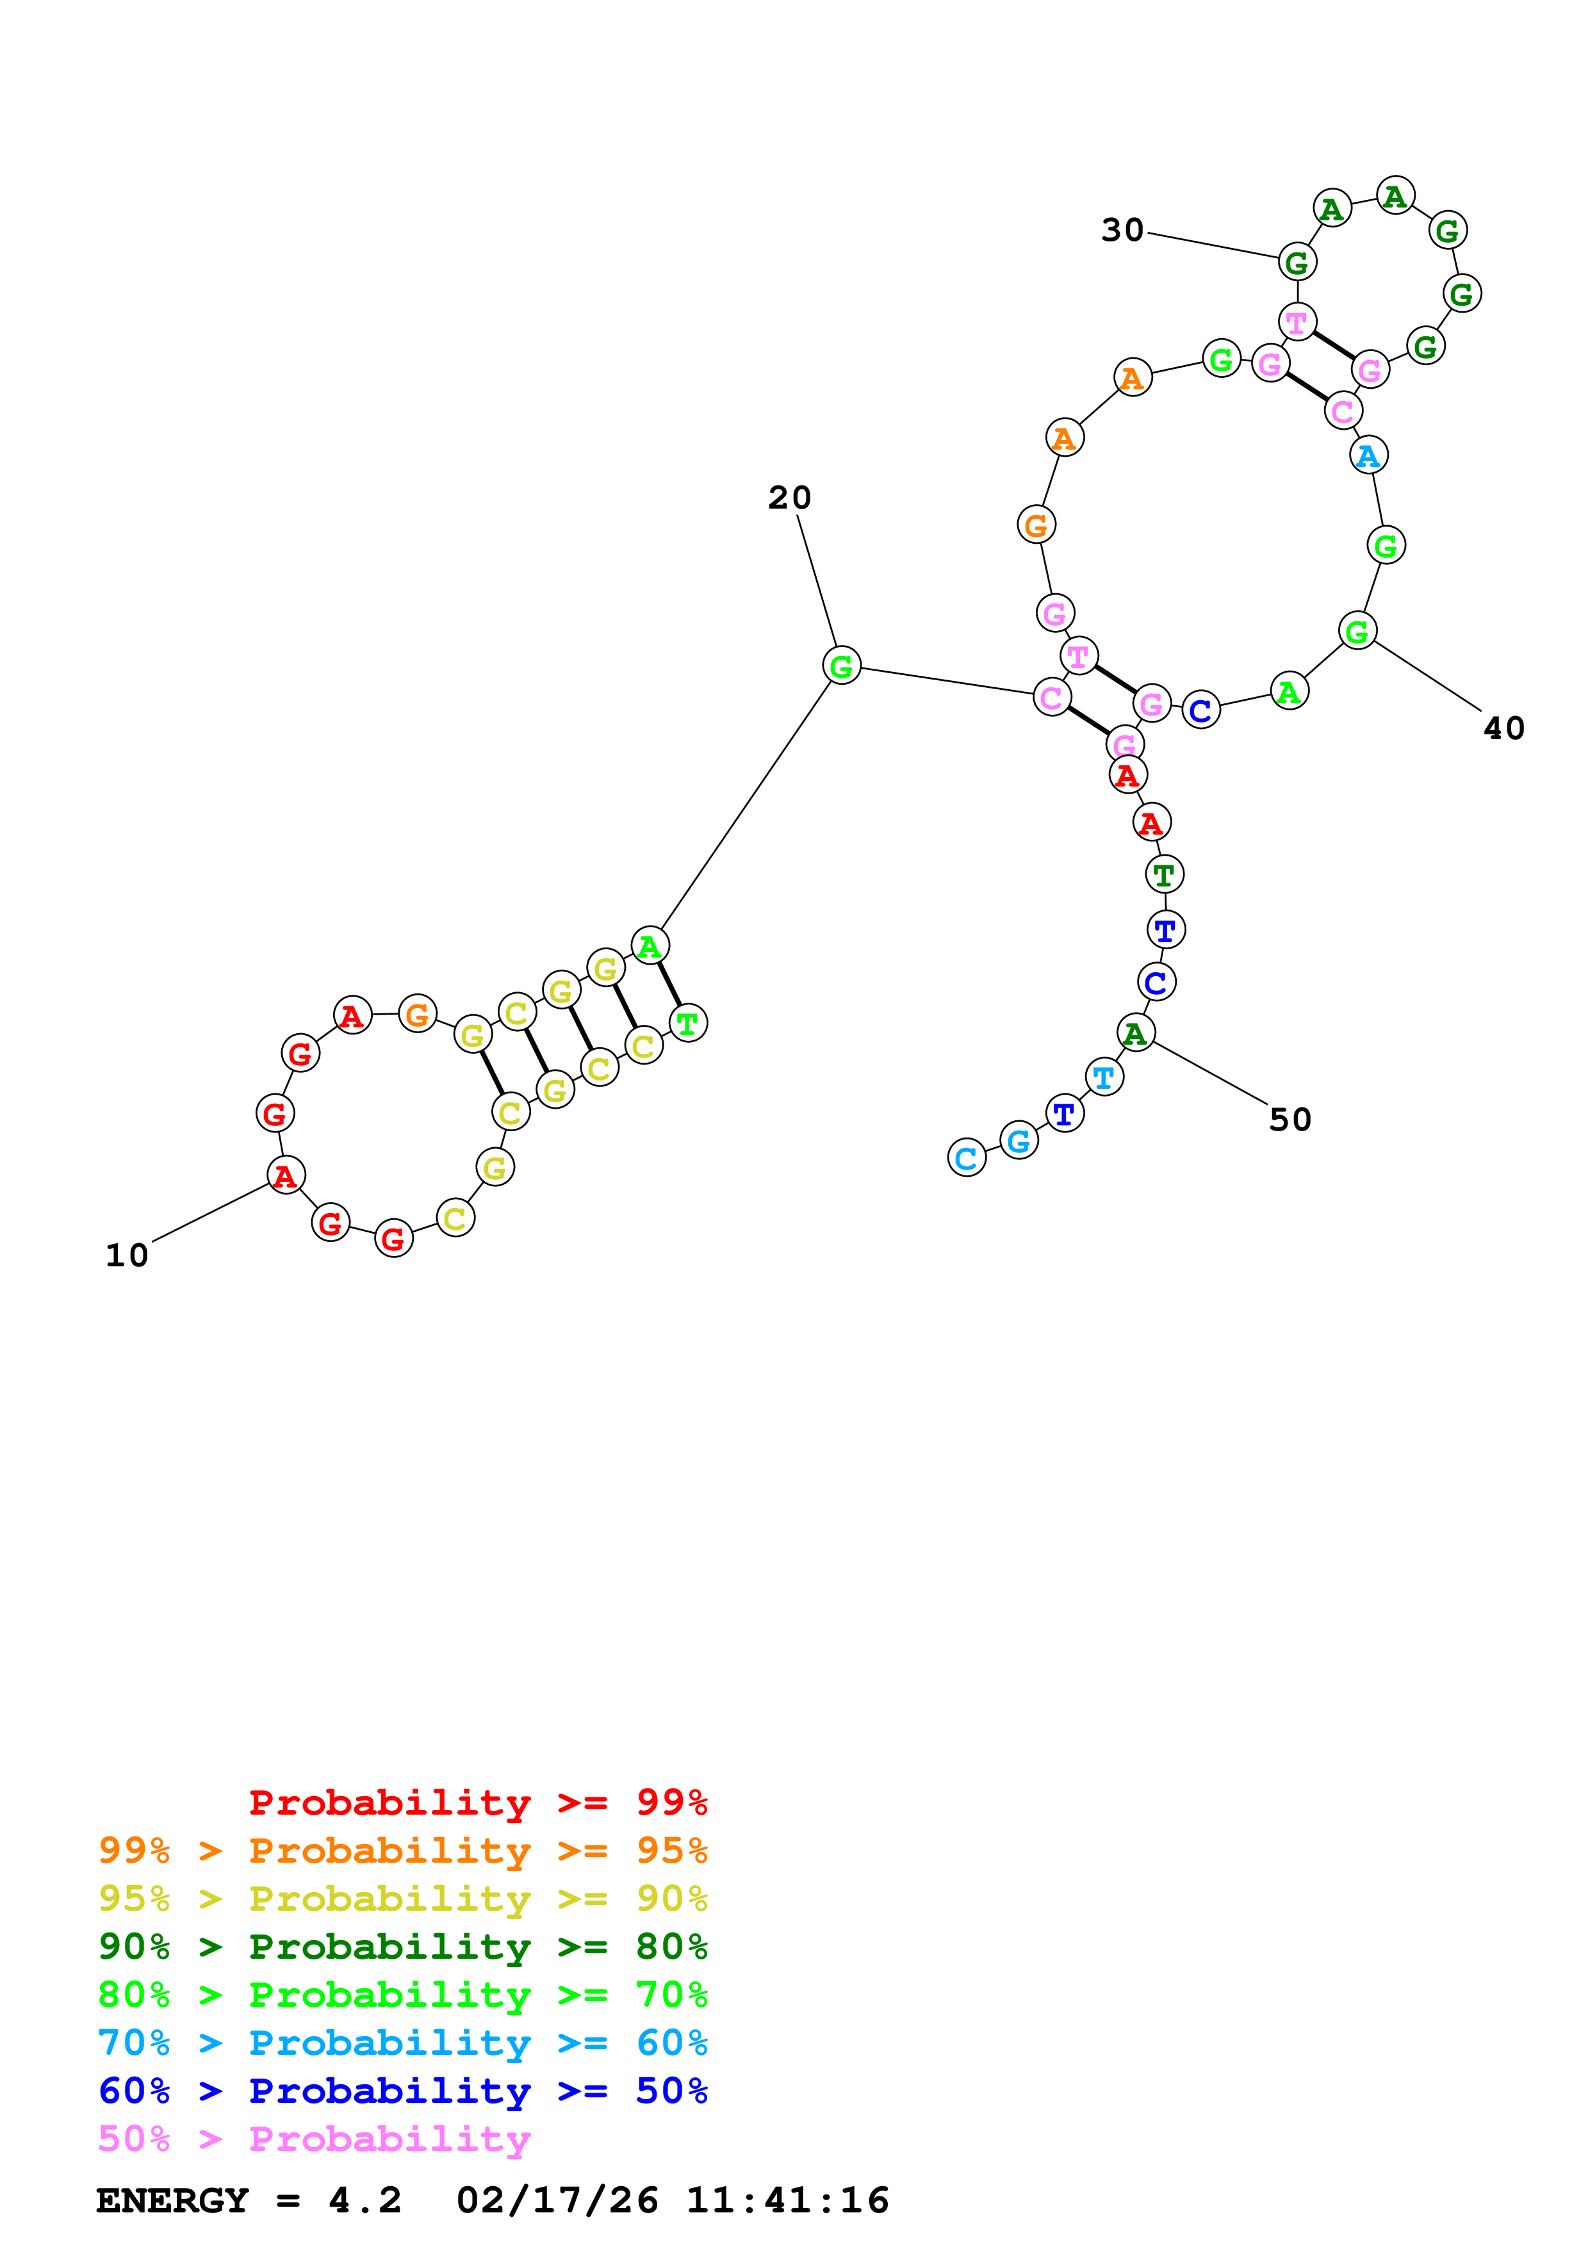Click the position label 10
(x=127, y=1255)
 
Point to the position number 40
(x=1504, y=728)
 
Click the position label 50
(x=1289, y=1120)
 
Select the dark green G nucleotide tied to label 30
(x=1297, y=262)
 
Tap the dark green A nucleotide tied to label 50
(x=1136, y=1033)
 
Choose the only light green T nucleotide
(x=688, y=1024)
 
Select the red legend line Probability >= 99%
(x=477, y=1802)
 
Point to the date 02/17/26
(x=557, y=2201)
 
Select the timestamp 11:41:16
(x=788, y=2201)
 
